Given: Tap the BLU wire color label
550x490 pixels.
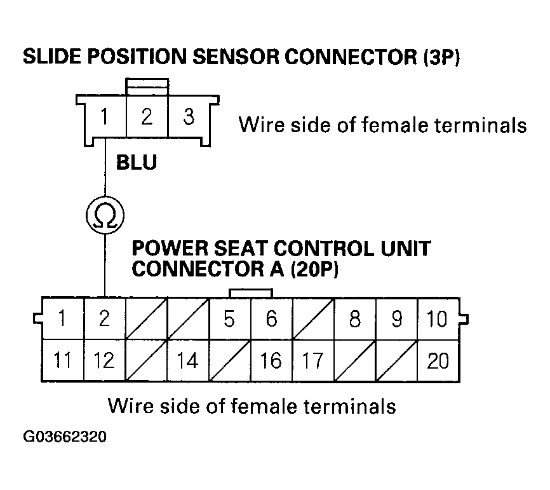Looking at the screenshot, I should point(136,163).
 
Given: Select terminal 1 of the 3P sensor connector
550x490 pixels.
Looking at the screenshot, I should point(105,118).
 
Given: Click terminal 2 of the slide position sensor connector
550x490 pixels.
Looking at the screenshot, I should point(147,118).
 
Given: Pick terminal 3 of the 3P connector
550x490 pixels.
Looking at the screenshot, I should point(189,118).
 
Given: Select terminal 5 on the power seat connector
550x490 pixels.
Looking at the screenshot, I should point(230,318).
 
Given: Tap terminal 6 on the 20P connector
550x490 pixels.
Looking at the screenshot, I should point(271,318).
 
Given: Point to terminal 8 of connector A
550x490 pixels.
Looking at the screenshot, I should point(354,318).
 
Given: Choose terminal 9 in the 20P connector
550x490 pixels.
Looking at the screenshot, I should point(396,318).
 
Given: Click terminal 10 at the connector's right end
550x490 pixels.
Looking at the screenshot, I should point(438,318).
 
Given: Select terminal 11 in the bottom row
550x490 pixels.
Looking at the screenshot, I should point(62,360).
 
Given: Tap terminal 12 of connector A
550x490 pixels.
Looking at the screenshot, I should point(104,360).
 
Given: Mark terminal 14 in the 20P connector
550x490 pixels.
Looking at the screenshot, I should point(187,360).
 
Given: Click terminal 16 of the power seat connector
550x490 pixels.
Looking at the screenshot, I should point(271,360).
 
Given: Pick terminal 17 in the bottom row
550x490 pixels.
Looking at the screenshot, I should point(312,360).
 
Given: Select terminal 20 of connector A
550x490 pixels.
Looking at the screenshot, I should point(438,360).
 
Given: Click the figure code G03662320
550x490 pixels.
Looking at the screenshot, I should point(65,438).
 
